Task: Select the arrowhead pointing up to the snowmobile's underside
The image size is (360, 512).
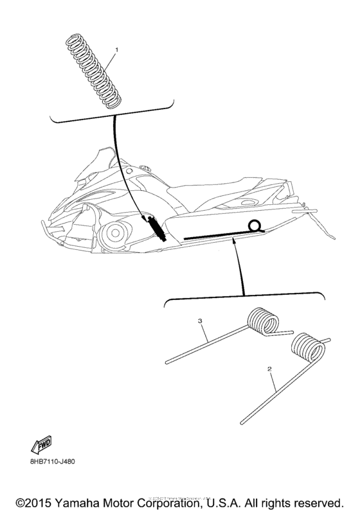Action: point(233,240)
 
